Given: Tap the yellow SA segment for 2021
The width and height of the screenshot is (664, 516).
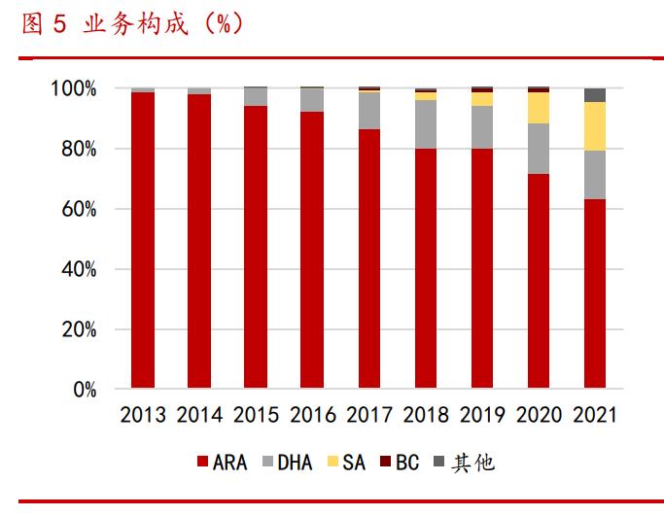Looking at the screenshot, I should point(595,126).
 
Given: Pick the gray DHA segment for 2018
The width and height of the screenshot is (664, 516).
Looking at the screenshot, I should point(426,124).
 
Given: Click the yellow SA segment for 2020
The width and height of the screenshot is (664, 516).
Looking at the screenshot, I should point(539,108).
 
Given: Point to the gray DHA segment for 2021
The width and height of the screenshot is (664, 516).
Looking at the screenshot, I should point(595,175).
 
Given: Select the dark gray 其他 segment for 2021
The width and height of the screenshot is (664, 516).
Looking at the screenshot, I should point(595,95).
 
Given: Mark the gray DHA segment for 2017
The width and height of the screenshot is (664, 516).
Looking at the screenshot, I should point(369,111).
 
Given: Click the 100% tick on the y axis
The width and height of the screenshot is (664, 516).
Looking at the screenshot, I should point(74,89).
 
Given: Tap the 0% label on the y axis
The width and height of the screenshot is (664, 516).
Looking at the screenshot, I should point(85,391).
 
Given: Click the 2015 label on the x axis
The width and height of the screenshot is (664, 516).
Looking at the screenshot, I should point(256,416).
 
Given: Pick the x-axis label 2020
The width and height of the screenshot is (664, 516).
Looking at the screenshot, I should point(539,416).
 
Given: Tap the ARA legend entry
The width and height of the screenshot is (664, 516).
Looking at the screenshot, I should point(227,463).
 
